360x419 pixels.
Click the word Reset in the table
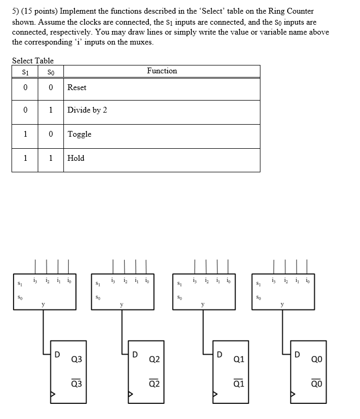point(77,87)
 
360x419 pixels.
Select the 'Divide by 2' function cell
point(87,110)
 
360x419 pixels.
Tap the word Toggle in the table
point(79,134)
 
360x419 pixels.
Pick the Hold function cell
point(75,158)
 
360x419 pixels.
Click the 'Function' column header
point(162,71)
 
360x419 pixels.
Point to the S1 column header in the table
point(25,71)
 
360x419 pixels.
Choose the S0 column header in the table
point(50,71)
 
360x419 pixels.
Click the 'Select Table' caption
point(33,61)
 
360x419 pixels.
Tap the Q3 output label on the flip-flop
point(76,359)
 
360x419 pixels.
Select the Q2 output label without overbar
point(155,359)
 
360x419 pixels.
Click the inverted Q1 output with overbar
point(239,384)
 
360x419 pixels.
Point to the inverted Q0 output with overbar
point(317,384)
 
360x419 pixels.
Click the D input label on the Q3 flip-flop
point(57,355)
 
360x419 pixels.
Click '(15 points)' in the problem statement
point(40,11)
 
